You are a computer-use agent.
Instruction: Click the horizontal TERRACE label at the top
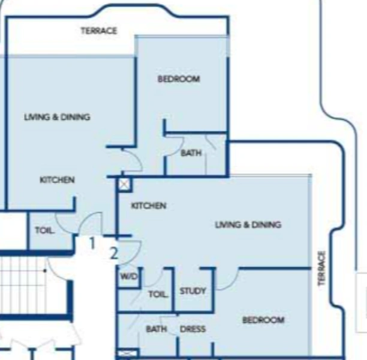(x=99, y=31)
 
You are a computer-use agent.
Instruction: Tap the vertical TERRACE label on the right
(x=322, y=268)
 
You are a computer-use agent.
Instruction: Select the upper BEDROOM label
(x=179, y=79)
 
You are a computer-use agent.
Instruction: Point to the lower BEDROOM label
(x=263, y=320)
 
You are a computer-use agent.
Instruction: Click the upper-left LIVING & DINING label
(x=57, y=118)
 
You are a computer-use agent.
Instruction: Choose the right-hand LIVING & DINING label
(x=248, y=225)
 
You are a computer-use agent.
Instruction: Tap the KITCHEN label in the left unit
(x=57, y=180)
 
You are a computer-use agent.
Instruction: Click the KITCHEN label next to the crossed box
(x=149, y=206)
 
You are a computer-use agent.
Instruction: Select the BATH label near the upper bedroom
(x=191, y=154)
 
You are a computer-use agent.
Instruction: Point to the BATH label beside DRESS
(x=156, y=329)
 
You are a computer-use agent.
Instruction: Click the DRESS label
(x=192, y=329)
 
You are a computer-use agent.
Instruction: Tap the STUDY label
(x=192, y=292)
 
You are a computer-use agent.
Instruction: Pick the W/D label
(x=128, y=277)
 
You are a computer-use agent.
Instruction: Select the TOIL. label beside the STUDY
(x=158, y=295)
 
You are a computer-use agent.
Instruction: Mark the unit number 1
(x=92, y=244)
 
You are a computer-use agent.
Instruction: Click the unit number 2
(x=114, y=253)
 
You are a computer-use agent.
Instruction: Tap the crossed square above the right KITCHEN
(x=124, y=184)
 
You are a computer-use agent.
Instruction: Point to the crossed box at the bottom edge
(x=127, y=354)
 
